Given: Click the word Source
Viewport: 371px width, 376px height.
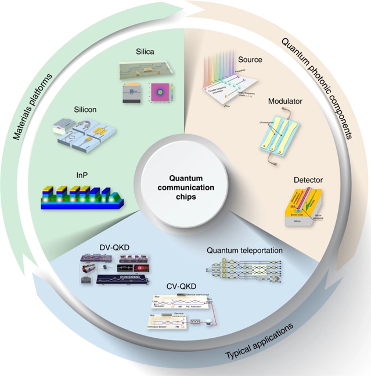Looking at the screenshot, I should tap(250, 59).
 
